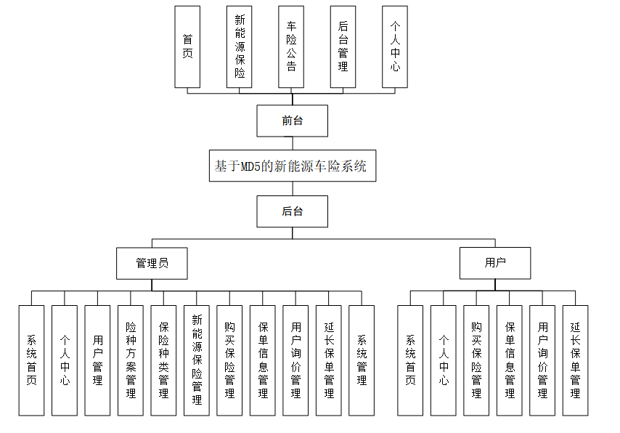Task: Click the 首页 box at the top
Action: tap(187, 47)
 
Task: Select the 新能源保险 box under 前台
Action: tap(240, 47)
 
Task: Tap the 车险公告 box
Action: tap(291, 47)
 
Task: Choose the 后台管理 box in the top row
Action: tap(343, 47)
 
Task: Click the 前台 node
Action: tap(292, 121)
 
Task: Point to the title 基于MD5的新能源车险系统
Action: tap(292, 166)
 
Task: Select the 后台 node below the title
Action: tap(292, 211)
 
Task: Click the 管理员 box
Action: tap(152, 263)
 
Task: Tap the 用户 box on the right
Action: tap(494, 263)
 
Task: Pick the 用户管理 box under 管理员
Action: tap(97, 360)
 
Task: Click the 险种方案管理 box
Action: tap(131, 360)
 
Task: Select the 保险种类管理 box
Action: tap(163, 360)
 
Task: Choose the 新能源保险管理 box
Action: tap(197, 360)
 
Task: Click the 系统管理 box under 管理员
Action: tap(362, 360)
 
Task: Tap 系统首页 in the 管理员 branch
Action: tap(31, 360)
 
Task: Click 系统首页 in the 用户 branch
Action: tap(410, 360)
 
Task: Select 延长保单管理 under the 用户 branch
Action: tap(575, 360)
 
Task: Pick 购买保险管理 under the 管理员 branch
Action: tap(229, 360)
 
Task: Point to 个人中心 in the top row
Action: tap(394, 47)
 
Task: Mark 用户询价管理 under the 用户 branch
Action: tap(542, 360)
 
